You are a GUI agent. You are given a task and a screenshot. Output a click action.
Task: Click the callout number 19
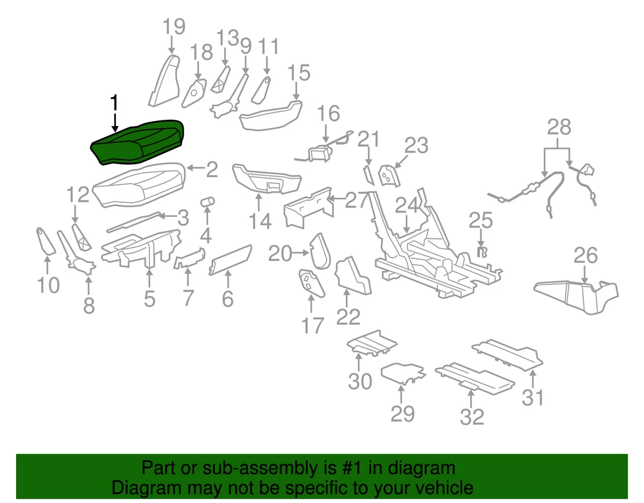tap(173, 27)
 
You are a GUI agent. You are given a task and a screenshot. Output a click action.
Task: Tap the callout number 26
tap(585, 256)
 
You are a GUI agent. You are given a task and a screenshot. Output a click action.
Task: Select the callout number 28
tap(559, 128)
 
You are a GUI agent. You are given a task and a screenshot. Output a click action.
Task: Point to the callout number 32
tap(472, 417)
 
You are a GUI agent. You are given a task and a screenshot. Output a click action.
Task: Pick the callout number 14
tap(260, 222)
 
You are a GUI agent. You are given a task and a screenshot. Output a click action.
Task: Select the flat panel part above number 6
tap(230, 261)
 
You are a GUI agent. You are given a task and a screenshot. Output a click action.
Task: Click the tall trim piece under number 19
tap(164, 80)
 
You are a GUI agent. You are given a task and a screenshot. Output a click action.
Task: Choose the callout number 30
tap(361, 381)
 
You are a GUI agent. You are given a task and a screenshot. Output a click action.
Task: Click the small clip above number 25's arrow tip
tap(480, 252)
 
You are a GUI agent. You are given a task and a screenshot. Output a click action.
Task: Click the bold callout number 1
tap(115, 102)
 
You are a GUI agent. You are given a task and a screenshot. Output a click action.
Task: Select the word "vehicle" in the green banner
tap(444, 488)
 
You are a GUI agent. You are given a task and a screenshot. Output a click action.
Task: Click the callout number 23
tap(416, 145)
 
